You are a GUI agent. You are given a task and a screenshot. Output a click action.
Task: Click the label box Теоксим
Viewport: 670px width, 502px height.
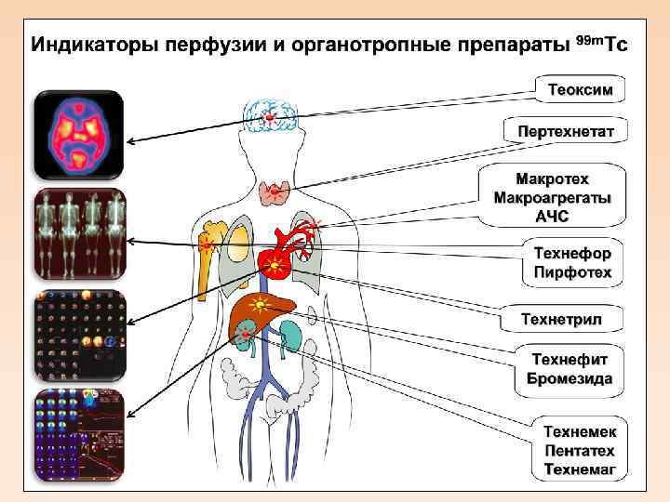pyautogui.click(x=580, y=90)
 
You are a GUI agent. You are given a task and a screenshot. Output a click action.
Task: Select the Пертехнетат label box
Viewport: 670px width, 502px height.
pyautogui.click(x=566, y=131)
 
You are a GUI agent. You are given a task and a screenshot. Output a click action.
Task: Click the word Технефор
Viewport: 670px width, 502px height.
pyautogui.click(x=572, y=253)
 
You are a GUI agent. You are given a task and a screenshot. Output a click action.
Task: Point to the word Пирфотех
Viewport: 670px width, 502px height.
pyautogui.click(x=572, y=272)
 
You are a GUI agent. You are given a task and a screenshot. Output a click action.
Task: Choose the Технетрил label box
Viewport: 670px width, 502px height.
pyautogui.click(x=561, y=320)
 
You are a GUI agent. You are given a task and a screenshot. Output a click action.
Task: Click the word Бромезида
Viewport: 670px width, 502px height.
pyautogui.click(x=569, y=378)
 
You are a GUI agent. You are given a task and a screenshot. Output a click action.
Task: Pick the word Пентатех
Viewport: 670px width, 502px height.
pyautogui.click(x=580, y=451)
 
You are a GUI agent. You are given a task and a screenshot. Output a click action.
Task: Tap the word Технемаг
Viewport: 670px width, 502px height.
pyautogui.click(x=580, y=470)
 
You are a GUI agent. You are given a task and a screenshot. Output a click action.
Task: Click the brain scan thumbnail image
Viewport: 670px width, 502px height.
pyautogui.click(x=79, y=135)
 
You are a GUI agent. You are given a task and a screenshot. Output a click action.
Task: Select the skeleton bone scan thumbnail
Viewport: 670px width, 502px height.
pyautogui.click(x=79, y=233)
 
